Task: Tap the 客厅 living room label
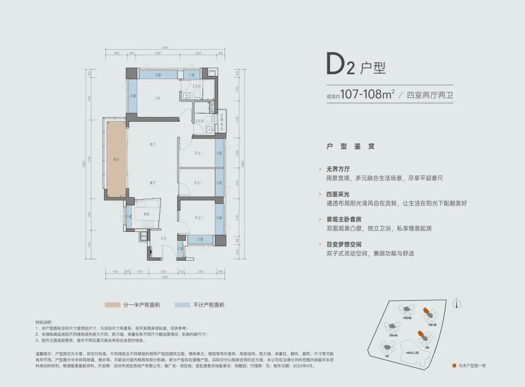152,144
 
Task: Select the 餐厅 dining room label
152,182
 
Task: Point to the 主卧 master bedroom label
158,98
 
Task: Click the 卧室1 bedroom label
198,153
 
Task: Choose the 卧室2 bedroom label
198,183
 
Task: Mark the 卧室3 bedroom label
198,217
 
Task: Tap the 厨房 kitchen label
139,214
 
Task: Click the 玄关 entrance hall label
164,238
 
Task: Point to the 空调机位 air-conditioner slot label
221,120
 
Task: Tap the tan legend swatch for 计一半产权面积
113,305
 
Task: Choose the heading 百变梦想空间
345,245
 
